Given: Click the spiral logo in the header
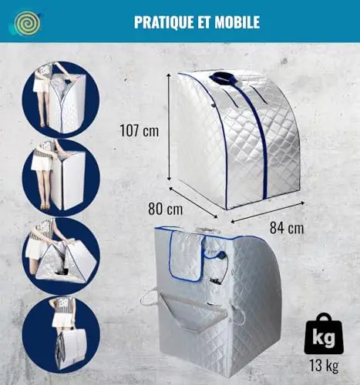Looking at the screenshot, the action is [x=27, y=23].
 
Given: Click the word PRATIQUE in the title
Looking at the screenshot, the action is [x=163, y=22].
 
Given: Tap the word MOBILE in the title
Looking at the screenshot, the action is [x=237, y=22].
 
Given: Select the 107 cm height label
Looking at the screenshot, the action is [x=139, y=130].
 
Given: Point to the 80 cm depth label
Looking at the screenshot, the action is [x=165, y=209].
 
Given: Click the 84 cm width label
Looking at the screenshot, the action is [x=287, y=228].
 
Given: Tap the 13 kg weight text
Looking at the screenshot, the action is [x=324, y=365].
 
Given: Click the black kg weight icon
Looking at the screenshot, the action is [x=324, y=333].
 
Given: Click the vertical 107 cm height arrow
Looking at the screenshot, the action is [x=169, y=126].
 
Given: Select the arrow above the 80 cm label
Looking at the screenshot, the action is [x=193, y=203].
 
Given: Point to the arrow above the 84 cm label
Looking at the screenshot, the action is [x=267, y=212].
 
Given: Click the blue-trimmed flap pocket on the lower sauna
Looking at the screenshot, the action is [x=187, y=256].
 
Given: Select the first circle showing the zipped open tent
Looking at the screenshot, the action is [x=60, y=99].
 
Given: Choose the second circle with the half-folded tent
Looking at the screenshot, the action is [x=60, y=178].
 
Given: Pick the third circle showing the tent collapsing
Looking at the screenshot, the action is [x=60, y=256].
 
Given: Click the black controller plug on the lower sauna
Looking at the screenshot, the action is [x=220, y=256].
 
